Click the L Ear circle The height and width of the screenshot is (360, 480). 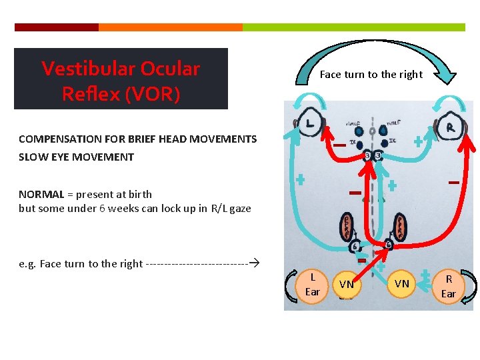tap(312, 285)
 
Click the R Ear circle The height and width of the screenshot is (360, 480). tap(449, 285)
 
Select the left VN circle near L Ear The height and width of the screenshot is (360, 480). tap(347, 285)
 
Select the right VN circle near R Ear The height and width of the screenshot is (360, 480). tap(402, 285)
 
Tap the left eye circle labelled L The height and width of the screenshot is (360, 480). tap(311, 123)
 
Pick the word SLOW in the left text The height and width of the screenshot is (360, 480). tap(31, 157)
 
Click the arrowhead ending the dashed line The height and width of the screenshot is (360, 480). tap(254, 263)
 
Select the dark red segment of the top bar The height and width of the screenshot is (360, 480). tap(56, 27)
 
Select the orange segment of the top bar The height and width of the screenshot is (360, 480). tap(170, 27)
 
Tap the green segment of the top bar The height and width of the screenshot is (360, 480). tap(353, 27)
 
